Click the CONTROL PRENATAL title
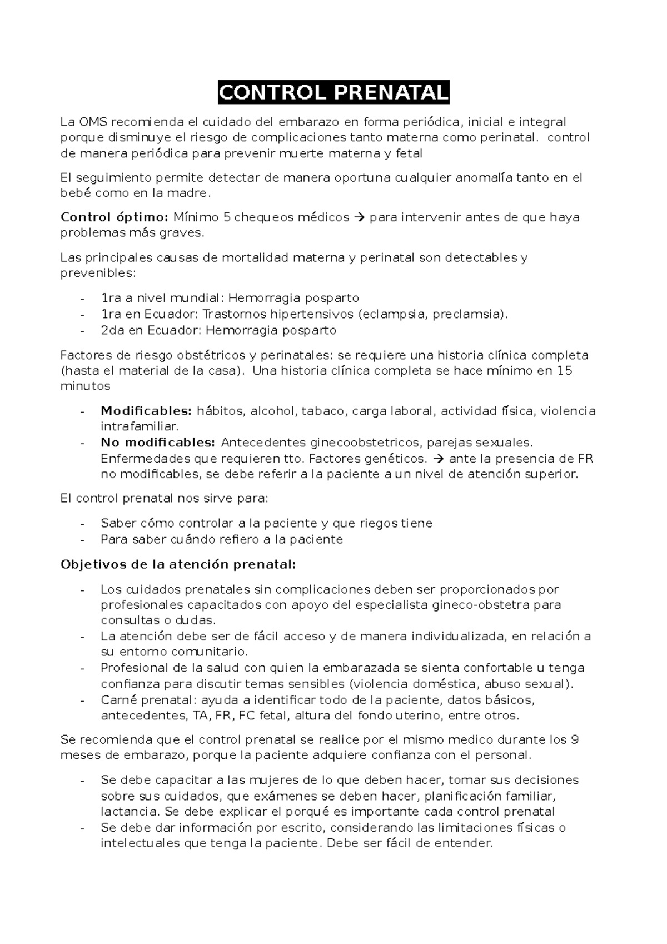click(x=333, y=93)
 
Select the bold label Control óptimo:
click(x=114, y=217)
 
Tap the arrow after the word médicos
click(x=360, y=217)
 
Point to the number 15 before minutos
click(x=564, y=370)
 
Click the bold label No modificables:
click(x=157, y=443)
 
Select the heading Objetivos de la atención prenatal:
click(x=178, y=564)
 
